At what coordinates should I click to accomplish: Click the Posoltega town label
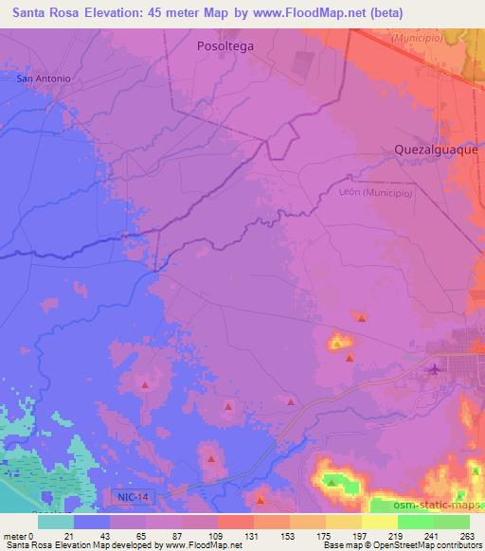(224, 44)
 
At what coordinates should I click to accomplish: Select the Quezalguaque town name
(436, 150)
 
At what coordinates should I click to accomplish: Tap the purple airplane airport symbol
(435, 368)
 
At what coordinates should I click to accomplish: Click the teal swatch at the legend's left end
(56, 522)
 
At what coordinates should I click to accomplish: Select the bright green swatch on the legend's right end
(452, 522)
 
